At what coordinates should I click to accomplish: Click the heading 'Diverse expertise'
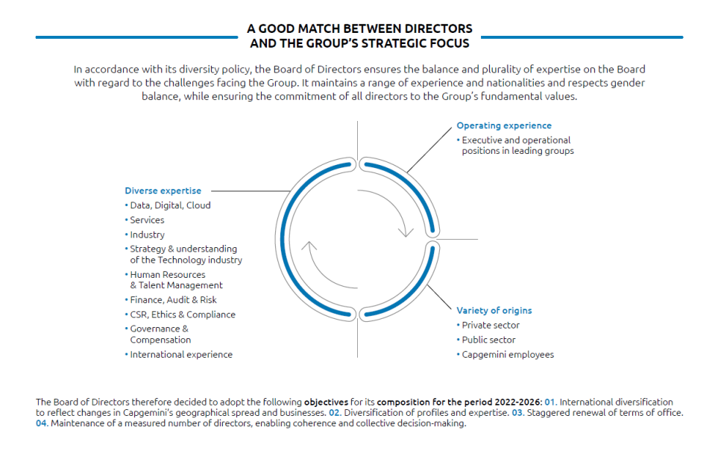(163, 190)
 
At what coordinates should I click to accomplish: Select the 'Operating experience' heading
(504, 125)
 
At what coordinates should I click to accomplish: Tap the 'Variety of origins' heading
(494, 310)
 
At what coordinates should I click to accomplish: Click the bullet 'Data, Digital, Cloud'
(170, 205)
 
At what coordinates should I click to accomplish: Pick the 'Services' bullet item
(147, 220)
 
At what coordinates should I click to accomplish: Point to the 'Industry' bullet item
(147, 234)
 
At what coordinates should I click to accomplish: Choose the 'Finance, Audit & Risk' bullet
(173, 300)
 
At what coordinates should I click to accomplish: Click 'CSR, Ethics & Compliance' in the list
(183, 314)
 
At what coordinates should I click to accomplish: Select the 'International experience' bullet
(181, 355)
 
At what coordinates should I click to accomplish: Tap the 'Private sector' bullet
(491, 325)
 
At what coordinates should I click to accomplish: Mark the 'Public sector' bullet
(488, 340)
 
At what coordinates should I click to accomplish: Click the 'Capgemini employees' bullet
(508, 355)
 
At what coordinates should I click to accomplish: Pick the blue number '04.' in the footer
(42, 423)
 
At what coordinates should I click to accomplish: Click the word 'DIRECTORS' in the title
(441, 29)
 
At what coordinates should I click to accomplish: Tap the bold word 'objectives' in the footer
(325, 402)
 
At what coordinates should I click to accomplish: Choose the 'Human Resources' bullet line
(168, 275)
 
